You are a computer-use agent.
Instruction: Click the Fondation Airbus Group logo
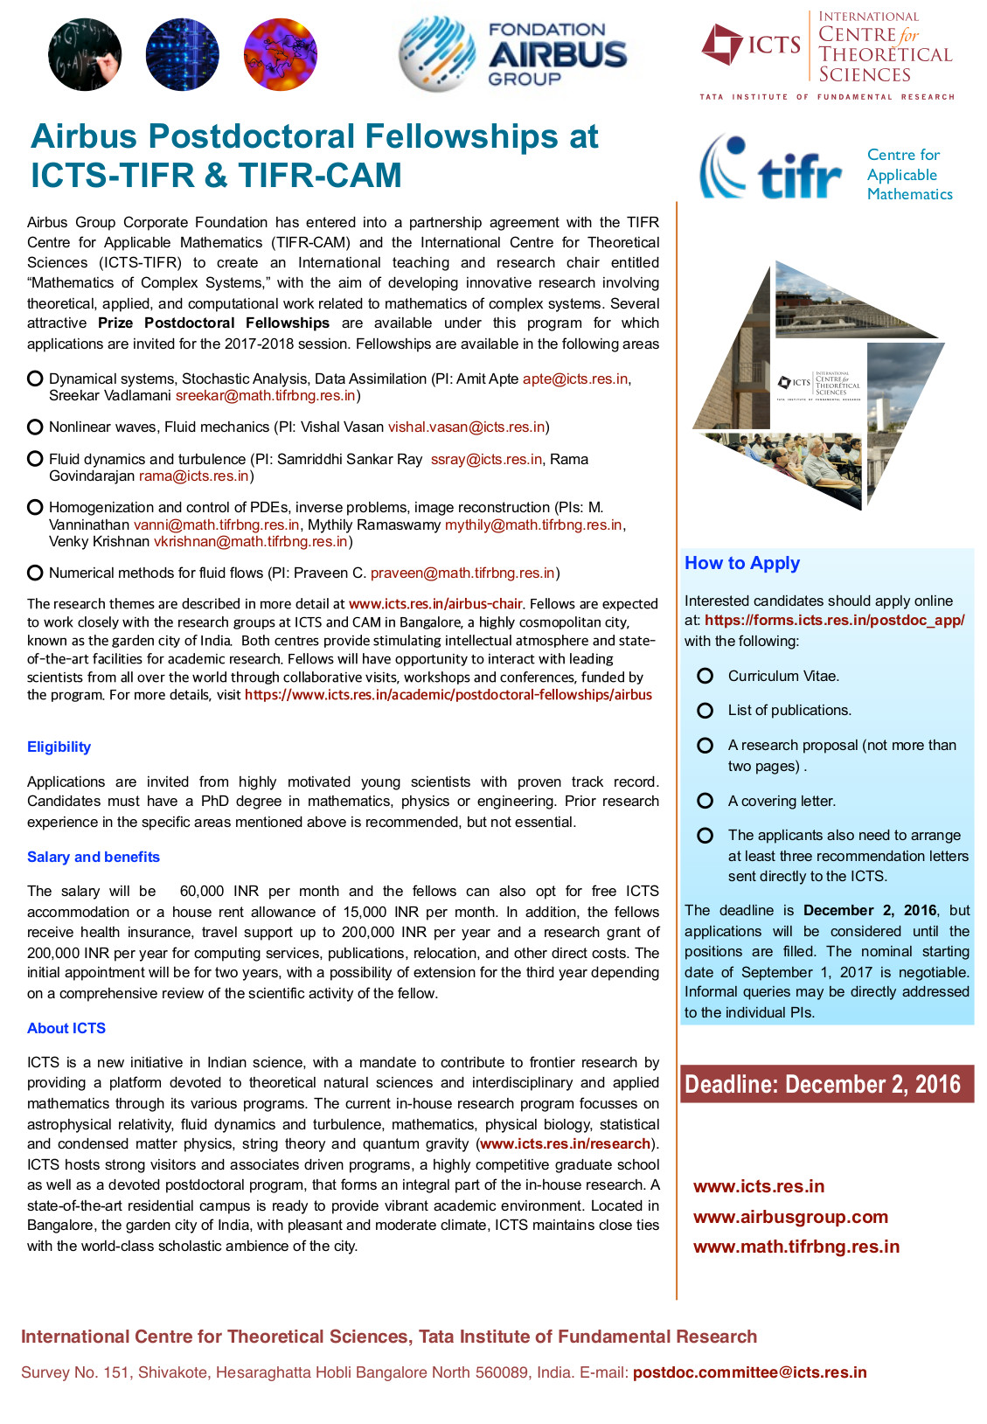pos(514,54)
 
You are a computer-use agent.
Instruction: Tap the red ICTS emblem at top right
pos(722,45)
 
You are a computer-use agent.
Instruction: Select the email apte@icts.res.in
pos(574,379)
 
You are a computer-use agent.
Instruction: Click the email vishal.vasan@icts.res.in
pos(467,427)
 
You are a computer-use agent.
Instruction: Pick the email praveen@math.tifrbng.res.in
pos(462,573)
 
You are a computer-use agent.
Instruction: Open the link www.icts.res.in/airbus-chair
pos(435,604)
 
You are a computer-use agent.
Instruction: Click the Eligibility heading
pos(59,747)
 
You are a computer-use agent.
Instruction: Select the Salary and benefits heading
pos(94,857)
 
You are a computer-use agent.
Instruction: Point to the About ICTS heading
pos(66,1028)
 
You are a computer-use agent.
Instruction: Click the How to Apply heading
pos(742,563)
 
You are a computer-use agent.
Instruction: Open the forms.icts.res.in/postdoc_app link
pos(834,620)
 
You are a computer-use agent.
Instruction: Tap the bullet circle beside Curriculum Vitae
pos(705,676)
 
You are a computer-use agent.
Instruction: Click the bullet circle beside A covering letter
pos(705,801)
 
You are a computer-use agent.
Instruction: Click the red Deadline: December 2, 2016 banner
pos(826,1084)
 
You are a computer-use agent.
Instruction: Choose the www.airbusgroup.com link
pos(790,1217)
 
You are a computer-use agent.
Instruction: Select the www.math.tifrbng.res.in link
pos(796,1247)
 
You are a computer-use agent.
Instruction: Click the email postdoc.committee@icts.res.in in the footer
pos(749,1372)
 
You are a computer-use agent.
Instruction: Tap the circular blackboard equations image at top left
pos(85,55)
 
